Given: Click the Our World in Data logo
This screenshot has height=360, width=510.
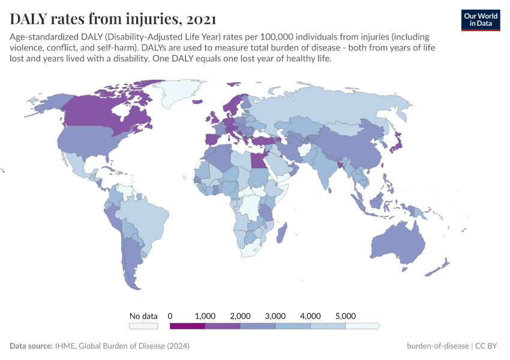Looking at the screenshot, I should point(481,20).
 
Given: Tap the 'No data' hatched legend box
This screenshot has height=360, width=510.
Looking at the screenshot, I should point(143,326).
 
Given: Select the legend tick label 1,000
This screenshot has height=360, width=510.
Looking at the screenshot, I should point(205,316).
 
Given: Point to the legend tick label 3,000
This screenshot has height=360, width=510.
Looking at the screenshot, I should point(275,316).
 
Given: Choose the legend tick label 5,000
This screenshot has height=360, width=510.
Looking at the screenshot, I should point(346,316).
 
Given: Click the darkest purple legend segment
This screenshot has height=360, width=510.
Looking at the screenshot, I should point(187,326).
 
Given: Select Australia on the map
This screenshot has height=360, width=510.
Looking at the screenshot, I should point(397,243).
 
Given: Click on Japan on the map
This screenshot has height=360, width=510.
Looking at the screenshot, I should point(396,143).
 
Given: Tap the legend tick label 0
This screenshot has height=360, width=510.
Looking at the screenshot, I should point(170,316).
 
